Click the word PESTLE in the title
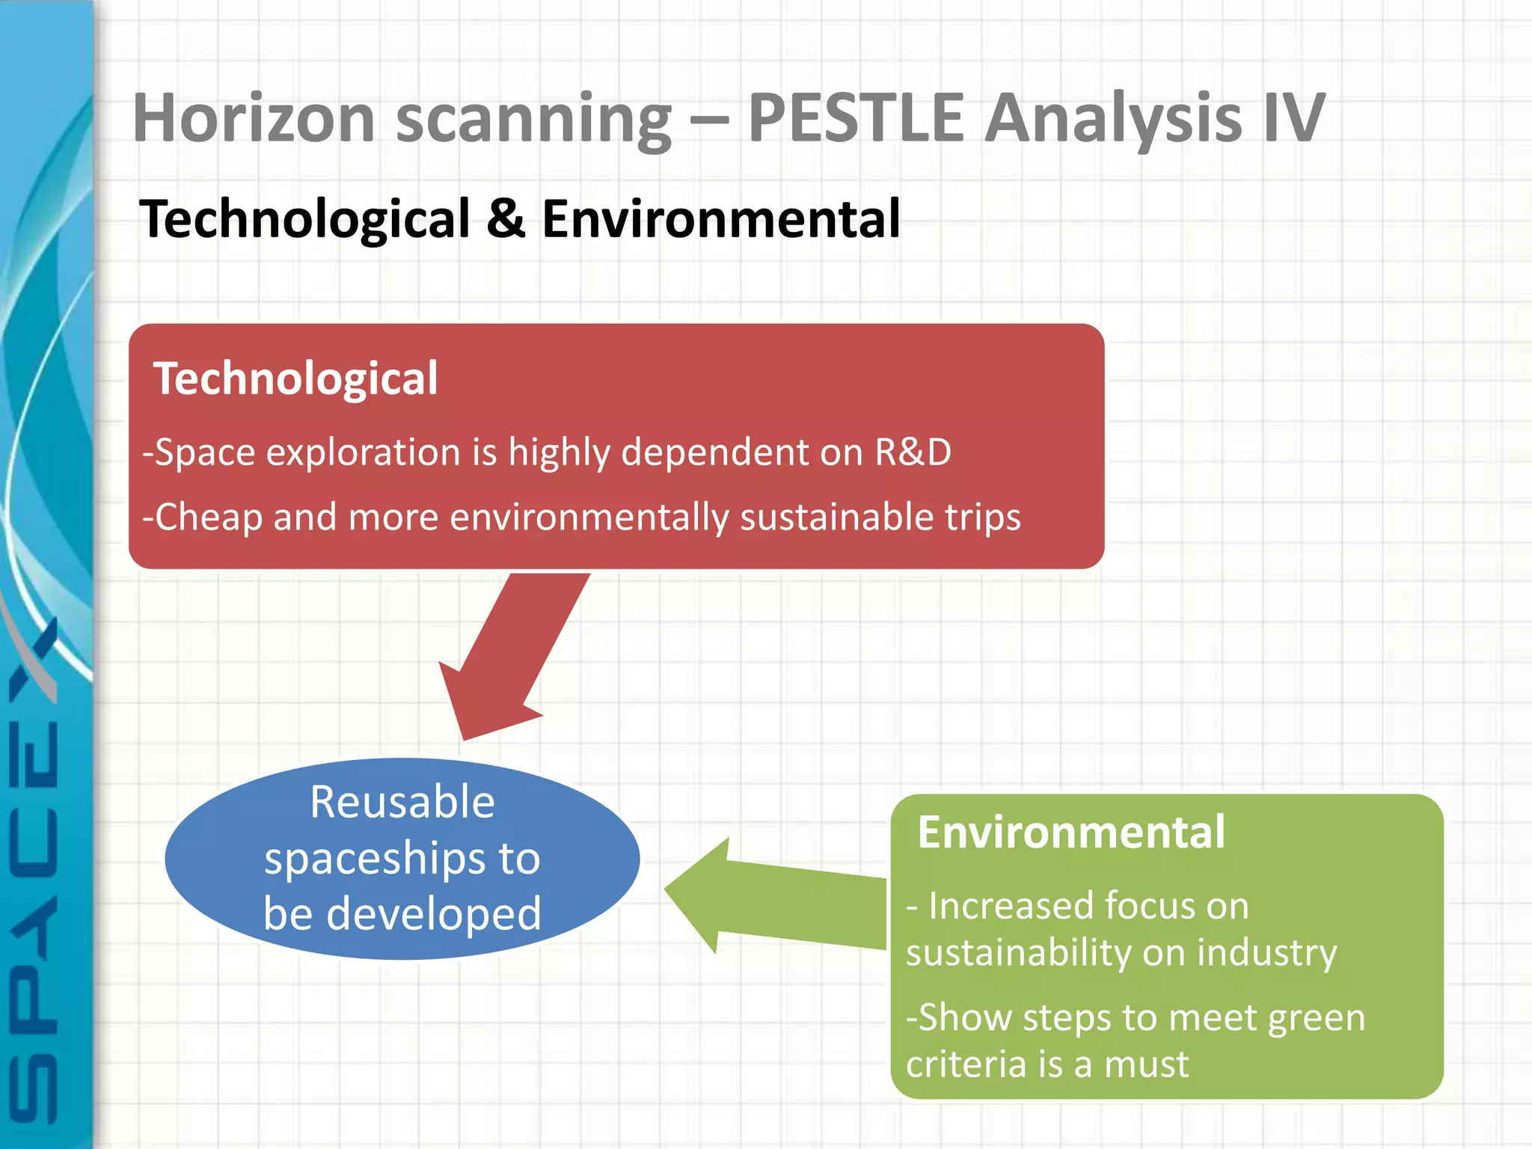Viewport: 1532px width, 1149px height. click(856, 118)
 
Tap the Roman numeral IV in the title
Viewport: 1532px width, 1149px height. click(1294, 118)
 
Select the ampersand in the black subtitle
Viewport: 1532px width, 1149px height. click(506, 219)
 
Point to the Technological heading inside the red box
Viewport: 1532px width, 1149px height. click(295, 379)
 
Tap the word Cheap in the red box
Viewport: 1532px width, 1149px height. click(209, 518)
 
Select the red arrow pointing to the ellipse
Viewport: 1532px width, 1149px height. click(509, 658)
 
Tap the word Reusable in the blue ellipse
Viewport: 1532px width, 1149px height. click(402, 803)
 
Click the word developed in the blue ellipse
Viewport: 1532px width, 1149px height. click(434, 914)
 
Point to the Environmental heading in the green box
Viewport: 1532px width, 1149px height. click(1071, 833)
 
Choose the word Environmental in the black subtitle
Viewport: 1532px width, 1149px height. click(720, 219)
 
